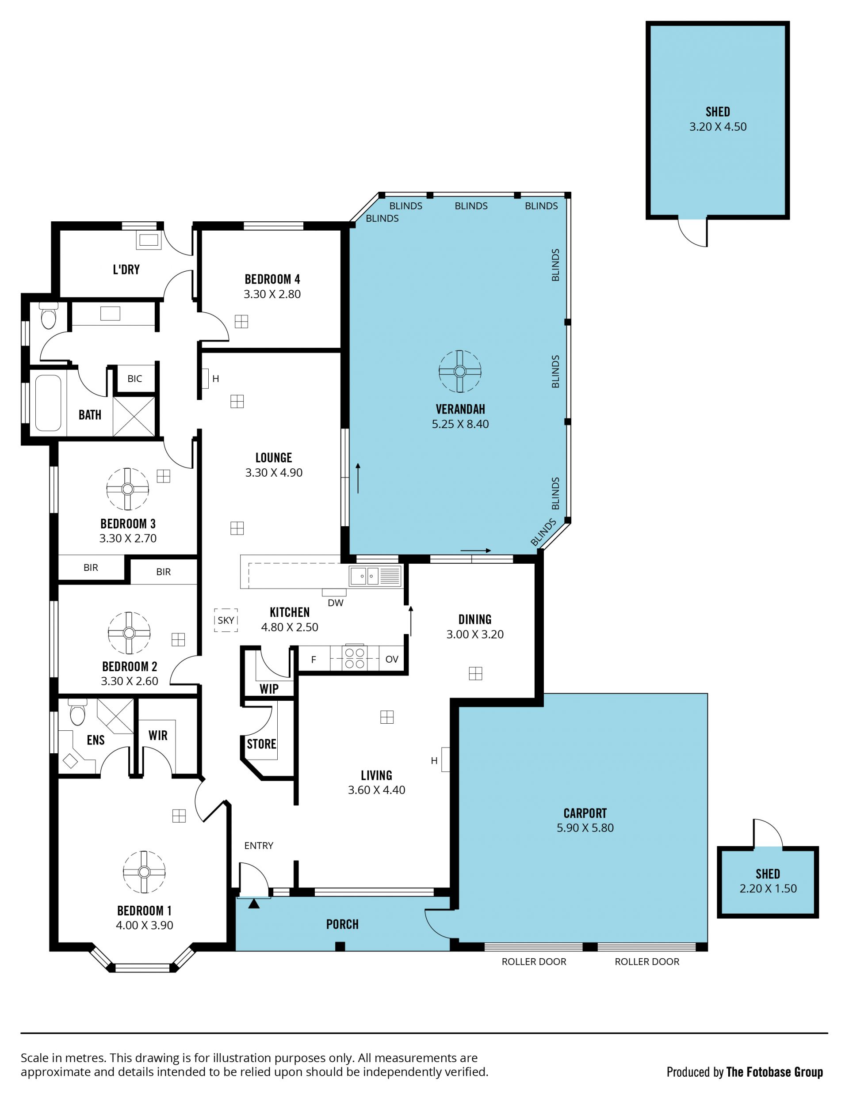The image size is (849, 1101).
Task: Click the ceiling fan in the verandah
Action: (x=459, y=372)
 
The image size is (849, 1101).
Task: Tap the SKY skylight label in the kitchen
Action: (x=226, y=620)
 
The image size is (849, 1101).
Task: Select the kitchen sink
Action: (x=365, y=576)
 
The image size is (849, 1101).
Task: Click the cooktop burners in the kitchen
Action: (x=355, y=658)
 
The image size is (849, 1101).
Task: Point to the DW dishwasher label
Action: (x=336, y=603)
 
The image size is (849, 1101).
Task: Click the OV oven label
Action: (x=392, y=659)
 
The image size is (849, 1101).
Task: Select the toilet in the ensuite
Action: (x=77, y=712)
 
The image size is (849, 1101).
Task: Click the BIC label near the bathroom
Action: (x=135, y=379)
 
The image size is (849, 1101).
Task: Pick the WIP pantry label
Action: (x=269, y=689)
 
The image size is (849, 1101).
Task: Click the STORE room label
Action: (x=261, y=744)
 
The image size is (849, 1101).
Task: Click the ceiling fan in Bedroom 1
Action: (x=144, y=872)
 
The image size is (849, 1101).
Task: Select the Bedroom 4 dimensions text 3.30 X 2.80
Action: (x=272, y=294)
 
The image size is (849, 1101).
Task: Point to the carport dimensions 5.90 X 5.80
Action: (x=585, y=828)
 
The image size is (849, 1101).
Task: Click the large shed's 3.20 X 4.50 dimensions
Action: (x=718, y=126)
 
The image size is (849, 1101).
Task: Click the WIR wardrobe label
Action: (x=158, y=736)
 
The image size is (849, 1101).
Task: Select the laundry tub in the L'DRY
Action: (x=149, y=240)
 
